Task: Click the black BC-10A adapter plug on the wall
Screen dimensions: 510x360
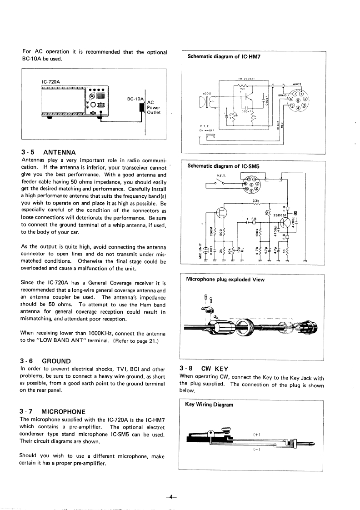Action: [142, 108]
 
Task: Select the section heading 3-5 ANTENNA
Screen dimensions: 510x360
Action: [48, 152]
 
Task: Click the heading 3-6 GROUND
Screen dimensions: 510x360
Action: [46, 360]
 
